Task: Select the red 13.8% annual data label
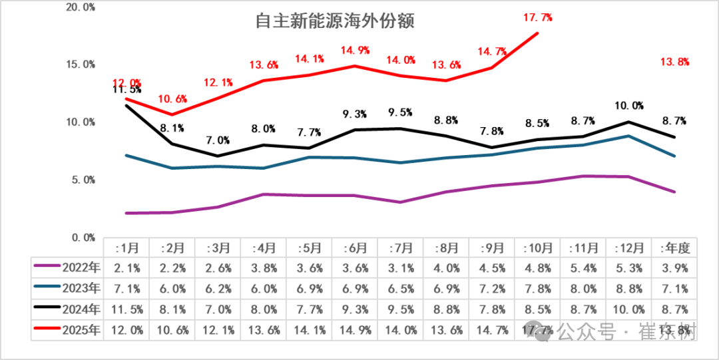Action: [674, 62]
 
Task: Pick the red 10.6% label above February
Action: [172, 99]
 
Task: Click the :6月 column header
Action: [356, 248]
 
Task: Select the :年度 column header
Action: [674, 248]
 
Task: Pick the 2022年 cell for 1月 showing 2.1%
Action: [126, 268]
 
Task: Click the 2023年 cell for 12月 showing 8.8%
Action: [628, 289]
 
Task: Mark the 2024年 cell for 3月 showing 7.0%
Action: [218, 309]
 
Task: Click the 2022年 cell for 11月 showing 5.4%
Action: [583, 268]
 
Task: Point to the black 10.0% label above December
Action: [629, 105]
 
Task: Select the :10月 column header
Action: [537, 248]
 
